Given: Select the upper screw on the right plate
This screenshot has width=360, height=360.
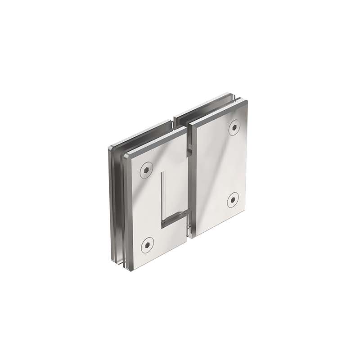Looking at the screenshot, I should coord(234,127).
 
